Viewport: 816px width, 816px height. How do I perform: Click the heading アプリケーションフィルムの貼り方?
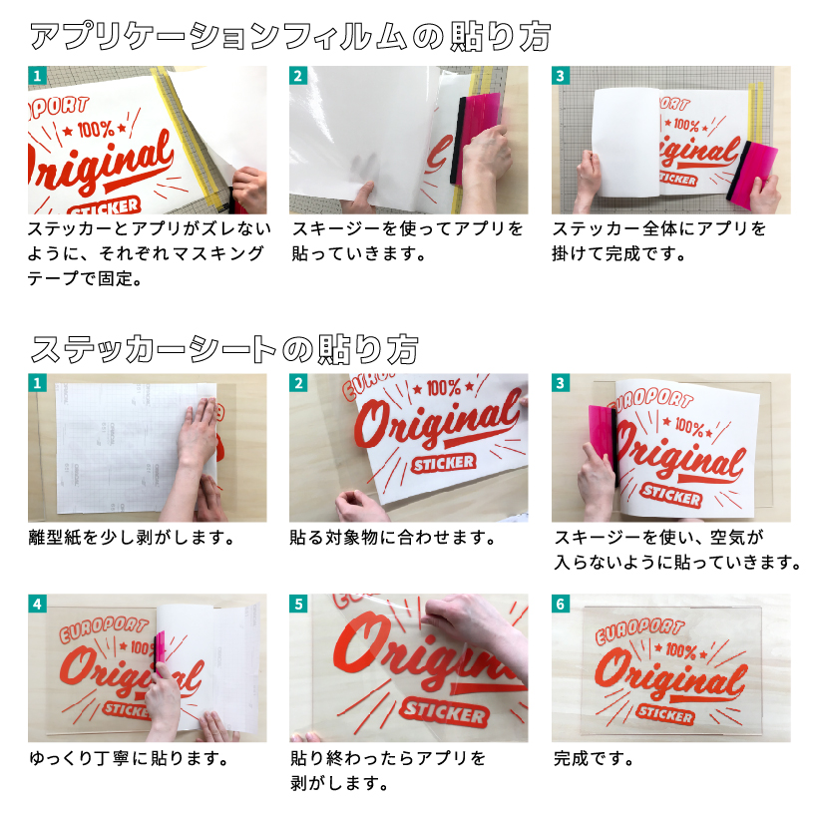pos(290,37)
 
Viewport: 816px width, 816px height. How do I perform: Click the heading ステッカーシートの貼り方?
pos(224,349)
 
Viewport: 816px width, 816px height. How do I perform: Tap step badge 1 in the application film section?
pos(37,76)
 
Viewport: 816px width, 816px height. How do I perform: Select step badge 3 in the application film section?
pos(561,76)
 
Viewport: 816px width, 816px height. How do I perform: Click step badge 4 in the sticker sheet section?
pos(37,604)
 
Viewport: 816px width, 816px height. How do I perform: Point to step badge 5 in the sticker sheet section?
pos(298,604)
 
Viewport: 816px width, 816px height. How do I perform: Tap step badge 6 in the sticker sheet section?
pos(561,604)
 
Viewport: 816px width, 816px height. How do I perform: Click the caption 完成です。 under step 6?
pos(594,758)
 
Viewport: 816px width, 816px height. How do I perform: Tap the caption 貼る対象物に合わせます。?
pos(393,537)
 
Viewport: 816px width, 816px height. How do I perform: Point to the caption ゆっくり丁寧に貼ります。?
pos(129,758)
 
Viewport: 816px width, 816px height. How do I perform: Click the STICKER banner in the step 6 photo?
pos(665,714)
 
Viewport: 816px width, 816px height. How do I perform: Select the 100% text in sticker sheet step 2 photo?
pos(443,388)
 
